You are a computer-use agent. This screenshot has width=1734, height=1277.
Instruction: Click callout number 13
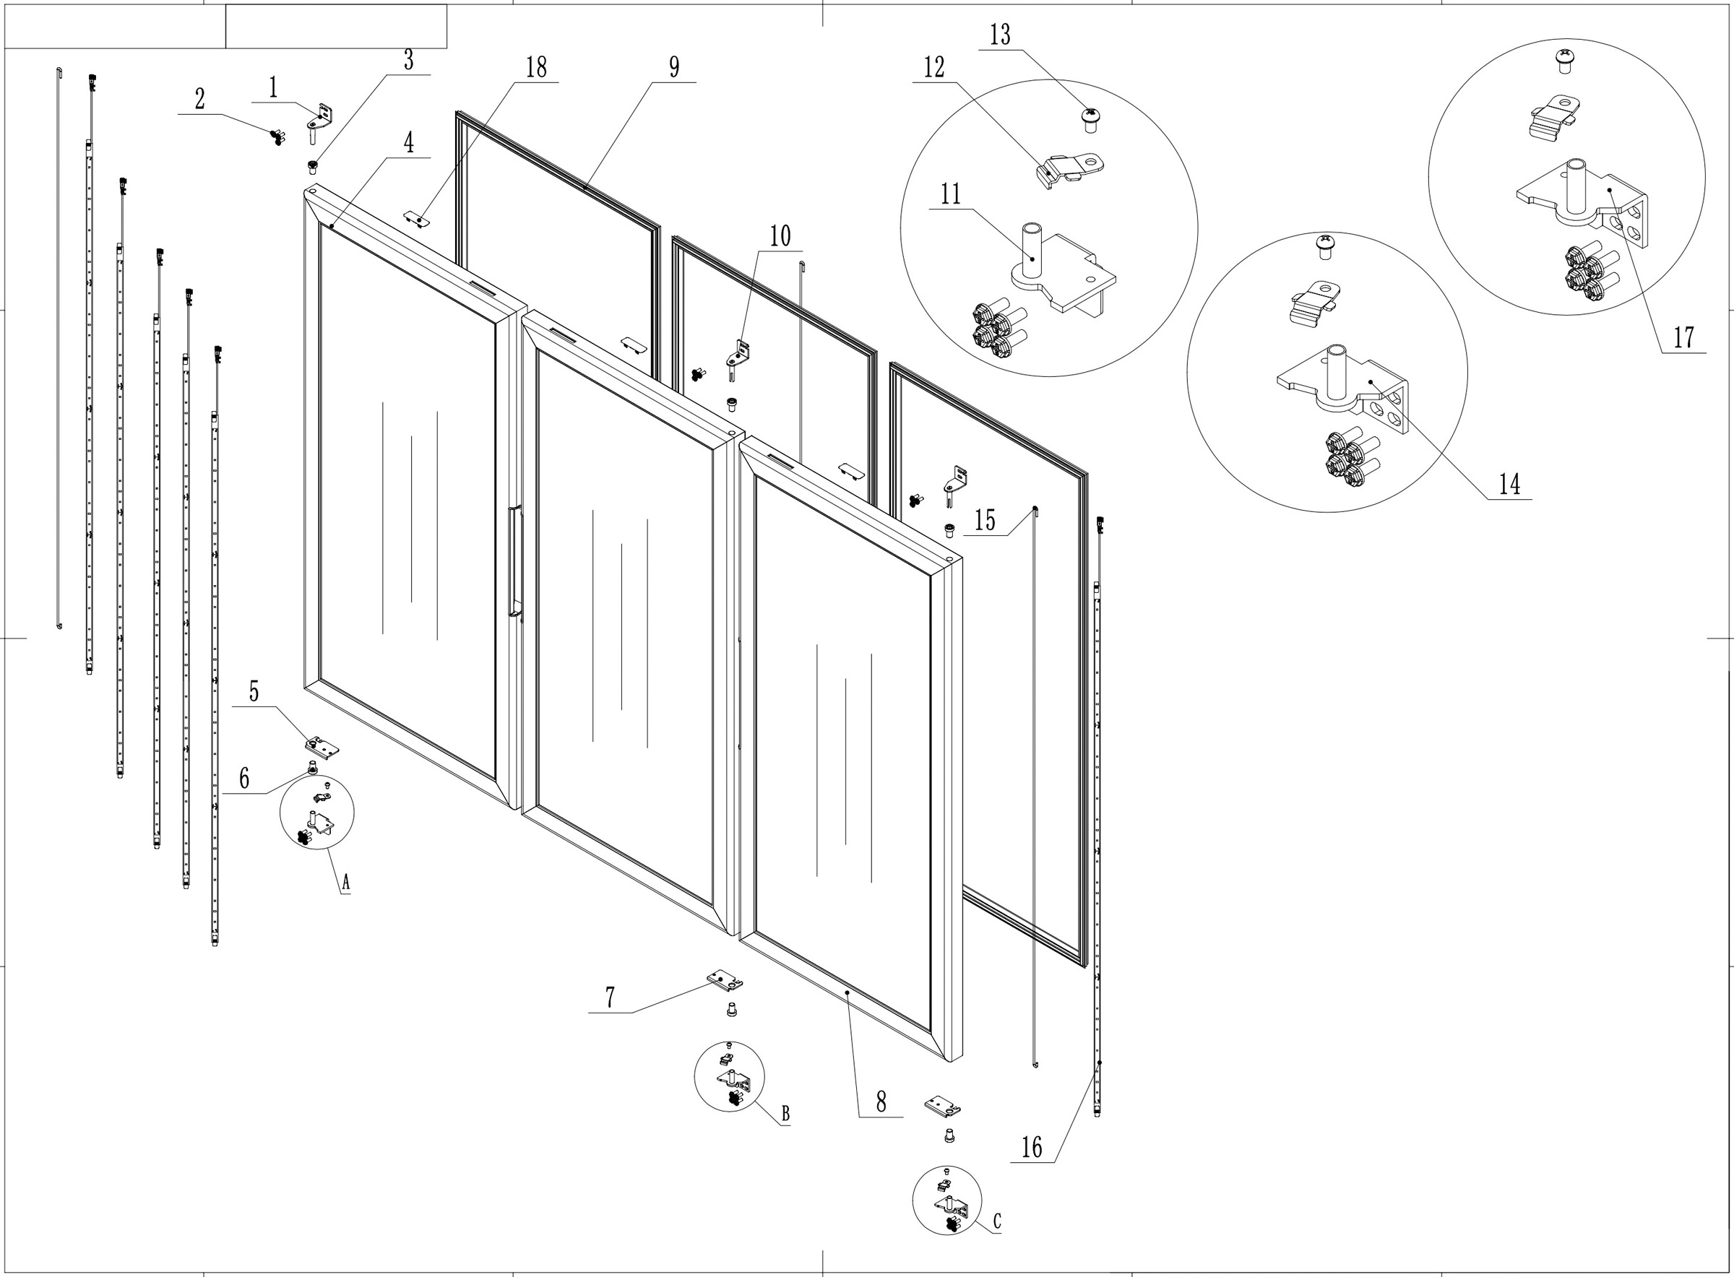tap(1000, 35)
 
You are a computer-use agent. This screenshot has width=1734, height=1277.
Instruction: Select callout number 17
tap(1683, 338)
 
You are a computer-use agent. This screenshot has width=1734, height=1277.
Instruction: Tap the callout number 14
tap(1509, 485)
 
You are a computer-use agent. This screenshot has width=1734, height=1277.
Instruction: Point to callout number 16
tap(1031, 1147)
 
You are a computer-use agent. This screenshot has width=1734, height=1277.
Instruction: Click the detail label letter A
tap(345, 881)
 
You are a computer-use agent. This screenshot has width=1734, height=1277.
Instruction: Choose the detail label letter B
tap(785, 1114)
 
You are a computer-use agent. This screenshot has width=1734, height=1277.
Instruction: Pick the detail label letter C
tap(997, 1221)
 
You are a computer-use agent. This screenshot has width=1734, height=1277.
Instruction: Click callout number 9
tap(674, 67)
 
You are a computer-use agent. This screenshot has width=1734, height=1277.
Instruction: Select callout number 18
tap(536, 68)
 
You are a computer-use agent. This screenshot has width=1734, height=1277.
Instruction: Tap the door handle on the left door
tap(515, 560)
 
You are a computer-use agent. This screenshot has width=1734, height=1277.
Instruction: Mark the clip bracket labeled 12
tap(1071, 168)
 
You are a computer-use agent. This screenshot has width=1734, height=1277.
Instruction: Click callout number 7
tap(610, 998)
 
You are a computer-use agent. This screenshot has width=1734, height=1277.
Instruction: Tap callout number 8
tap(881, 1102)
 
